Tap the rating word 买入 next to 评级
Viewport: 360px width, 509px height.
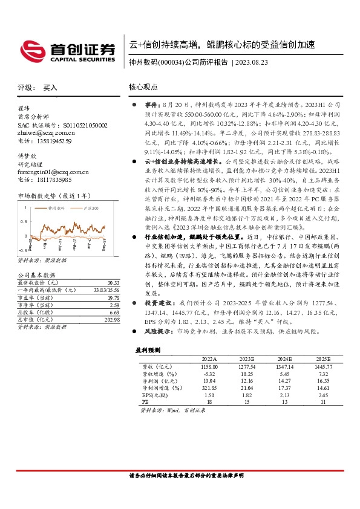click(50, 88)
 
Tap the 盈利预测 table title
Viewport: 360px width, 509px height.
click(147, 351)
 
